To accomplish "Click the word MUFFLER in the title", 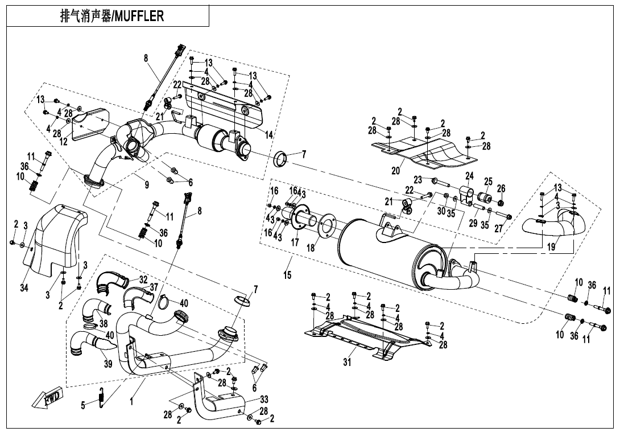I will click(x=139, y=16).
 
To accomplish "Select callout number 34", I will click(x=24, y=288).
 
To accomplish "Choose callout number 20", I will click(x=396, y=170).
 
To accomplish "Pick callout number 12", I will click(x=64, y=142).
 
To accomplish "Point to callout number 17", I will click(x=294, y=242).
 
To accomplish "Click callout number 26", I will click(x=501, y=188).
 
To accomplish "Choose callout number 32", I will click(x=143, y=279).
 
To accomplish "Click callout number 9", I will click(x=147, y=184).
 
